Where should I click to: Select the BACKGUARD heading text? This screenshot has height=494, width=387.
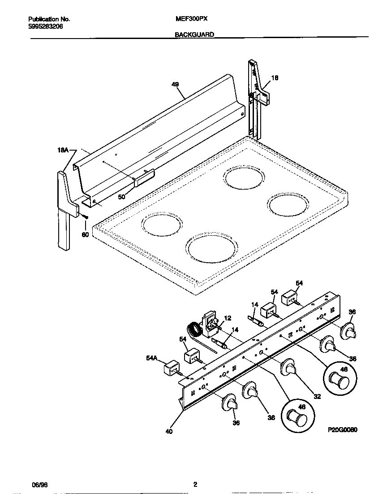click(194, 34)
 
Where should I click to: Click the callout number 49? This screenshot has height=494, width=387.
click(175, 84)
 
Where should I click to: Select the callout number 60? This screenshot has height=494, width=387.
click(85, 234)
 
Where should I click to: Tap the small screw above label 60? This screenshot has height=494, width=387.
click(85, 218)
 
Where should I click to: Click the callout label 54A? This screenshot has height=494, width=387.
click(152, 357)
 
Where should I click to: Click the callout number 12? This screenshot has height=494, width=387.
click(228, 318)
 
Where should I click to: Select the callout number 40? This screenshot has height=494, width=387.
click(168, 432)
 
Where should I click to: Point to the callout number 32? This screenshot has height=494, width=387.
click(317, 396)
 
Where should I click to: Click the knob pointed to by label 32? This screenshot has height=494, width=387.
click(289, 367)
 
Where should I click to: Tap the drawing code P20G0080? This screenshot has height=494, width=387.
click(342, 429)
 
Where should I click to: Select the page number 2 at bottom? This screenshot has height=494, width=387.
click(195, 484)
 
